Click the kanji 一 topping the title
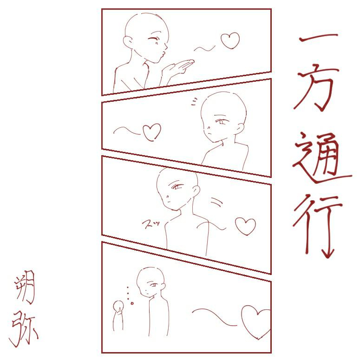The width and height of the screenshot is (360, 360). pyautogui.click(x=319, y=37)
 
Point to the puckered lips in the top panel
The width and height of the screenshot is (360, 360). pyautogui.click(x=163, y=54)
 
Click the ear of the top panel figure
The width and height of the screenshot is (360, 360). pyautogui.click(x=127, y=42)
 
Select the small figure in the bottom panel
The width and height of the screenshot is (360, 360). pyautogui.click(x=118, y=314)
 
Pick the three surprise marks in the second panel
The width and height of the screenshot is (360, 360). pyautogui.click(x=194, y=101)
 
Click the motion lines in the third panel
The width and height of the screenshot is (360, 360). pyautogui.click(x=216, y=202)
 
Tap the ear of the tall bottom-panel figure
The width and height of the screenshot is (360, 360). pyautogui.click(x=163, y=286)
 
